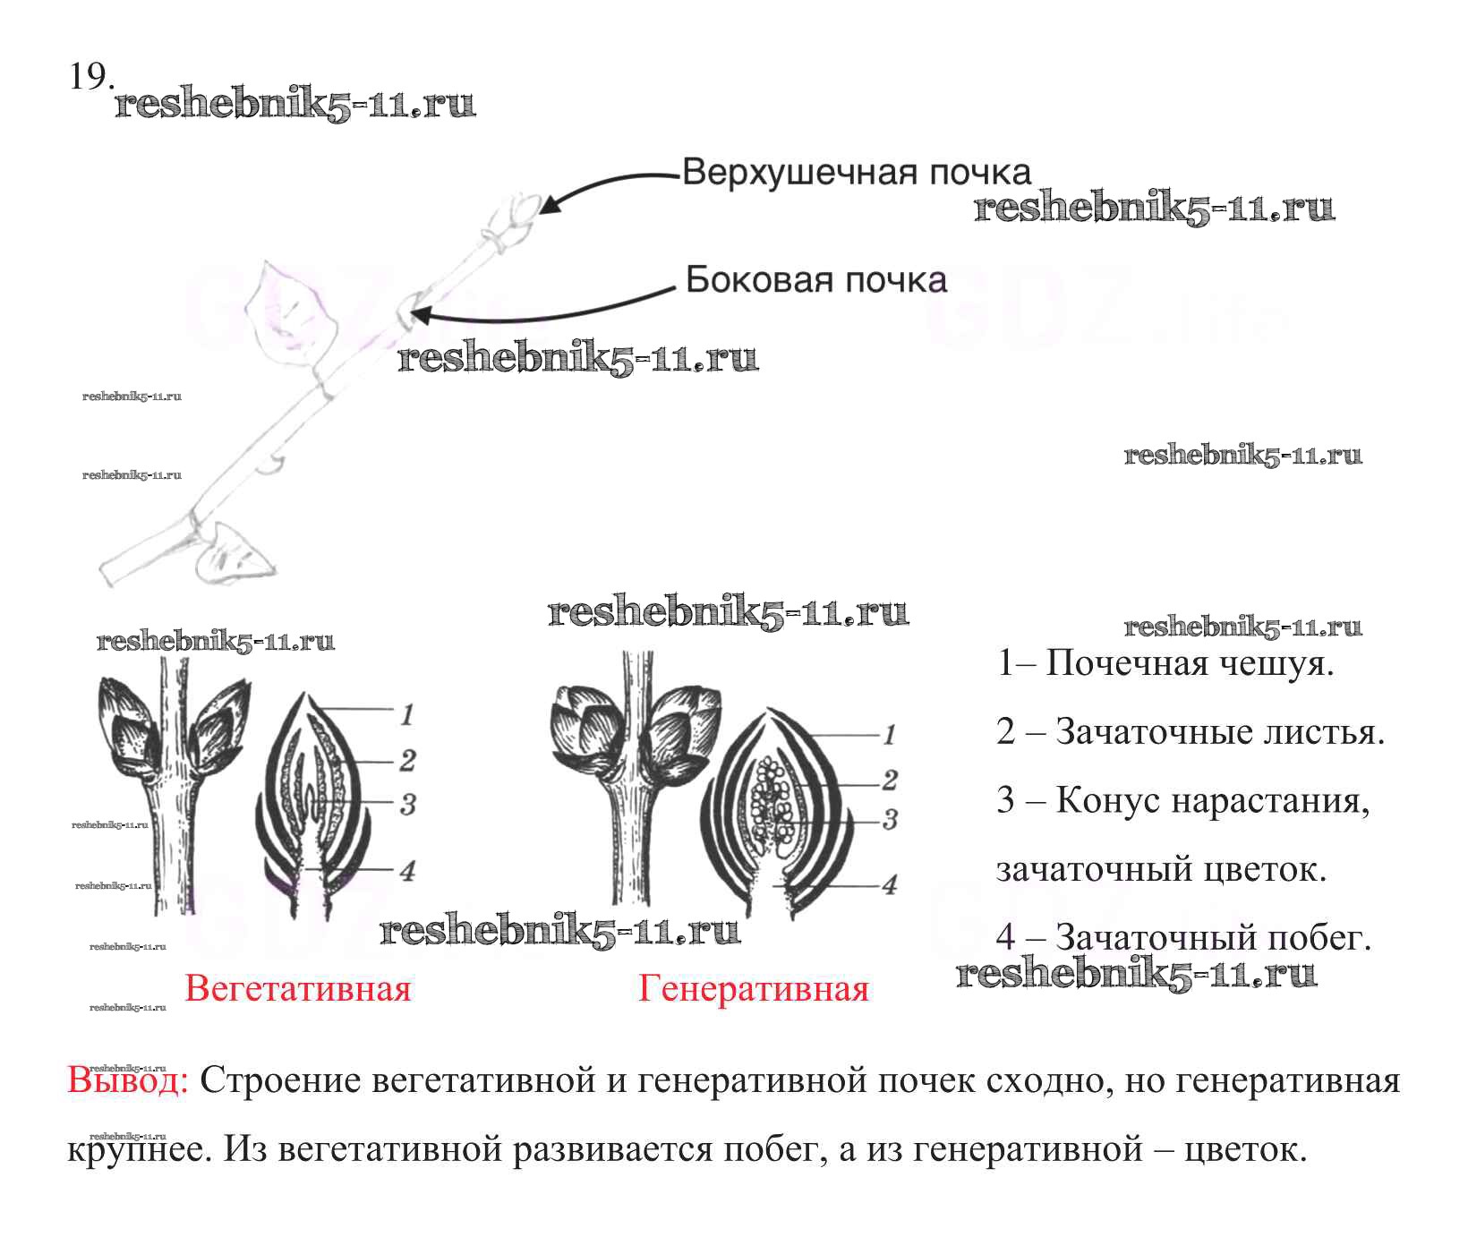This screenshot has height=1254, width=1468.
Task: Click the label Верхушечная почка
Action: [x=856, y=172]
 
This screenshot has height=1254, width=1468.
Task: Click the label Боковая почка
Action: [x=815, y=280]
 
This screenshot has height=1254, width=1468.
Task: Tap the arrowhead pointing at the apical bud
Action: [x=549, y=205]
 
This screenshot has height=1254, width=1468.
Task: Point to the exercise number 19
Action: [x=90, y=77]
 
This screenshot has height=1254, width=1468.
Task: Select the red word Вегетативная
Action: [x=297, y=989]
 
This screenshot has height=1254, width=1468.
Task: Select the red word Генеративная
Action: [x=753, y=989]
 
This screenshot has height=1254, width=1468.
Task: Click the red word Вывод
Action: [x=126, y=1080]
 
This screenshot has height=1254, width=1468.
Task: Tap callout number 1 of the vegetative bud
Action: [x=407, y=714]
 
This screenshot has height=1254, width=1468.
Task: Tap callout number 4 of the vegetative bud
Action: [x=407, y=870]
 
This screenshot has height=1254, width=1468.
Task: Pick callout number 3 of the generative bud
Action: [x=890, y=819]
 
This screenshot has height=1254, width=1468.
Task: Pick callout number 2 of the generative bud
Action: [x=890, y=780]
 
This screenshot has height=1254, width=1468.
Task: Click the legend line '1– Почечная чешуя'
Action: [x=1165, y=663]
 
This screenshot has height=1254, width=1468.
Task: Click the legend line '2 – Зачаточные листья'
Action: [x=1190, y=732]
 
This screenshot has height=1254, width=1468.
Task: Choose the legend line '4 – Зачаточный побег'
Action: [x=1183, y=937]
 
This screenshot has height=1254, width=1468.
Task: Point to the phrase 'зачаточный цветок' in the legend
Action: [x=1161, y=869]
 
